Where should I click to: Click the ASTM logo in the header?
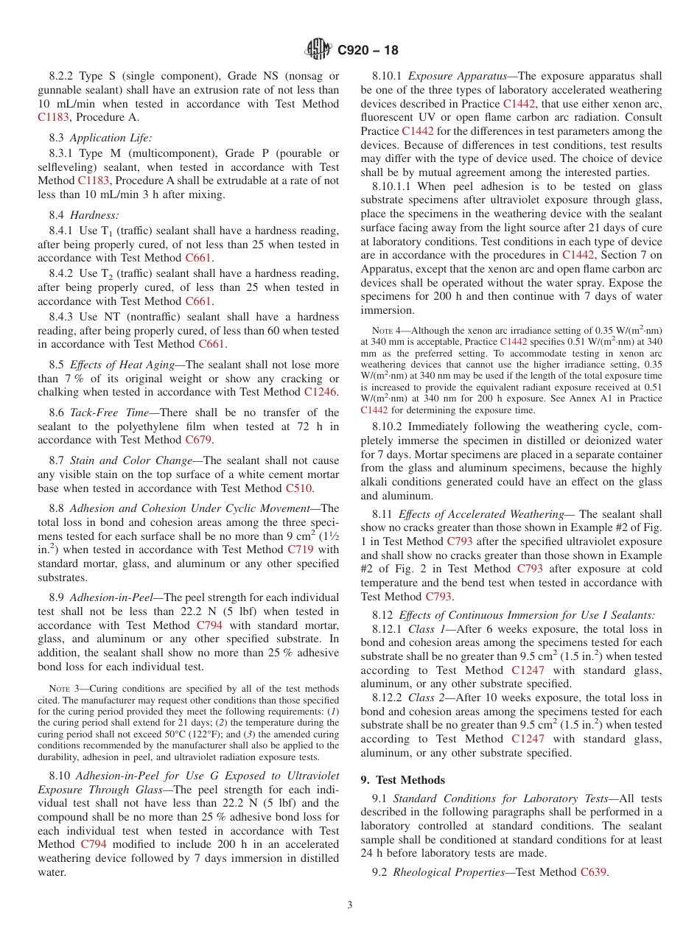pos(318,50)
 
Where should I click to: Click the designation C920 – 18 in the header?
pos(368,51)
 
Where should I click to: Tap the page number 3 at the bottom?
pos(349,905)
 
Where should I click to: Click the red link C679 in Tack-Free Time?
pos(198,441)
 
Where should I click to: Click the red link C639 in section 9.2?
pos(593,873)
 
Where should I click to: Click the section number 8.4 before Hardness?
pos(57,215)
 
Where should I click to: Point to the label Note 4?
pos(371,330)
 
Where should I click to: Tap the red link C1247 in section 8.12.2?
pos(529,740)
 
